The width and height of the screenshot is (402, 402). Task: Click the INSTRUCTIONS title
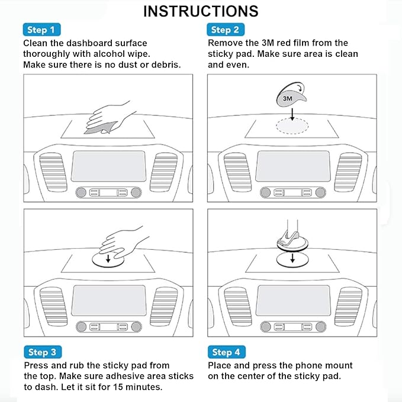(201, 11)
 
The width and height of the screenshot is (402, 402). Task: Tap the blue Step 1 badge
(41, 30)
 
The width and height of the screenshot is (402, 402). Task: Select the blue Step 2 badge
(226, 30)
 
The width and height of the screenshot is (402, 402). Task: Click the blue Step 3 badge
(43, 352)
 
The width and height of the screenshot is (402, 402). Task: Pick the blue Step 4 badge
(227, 352)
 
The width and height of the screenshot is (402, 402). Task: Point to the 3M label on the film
(287, 98)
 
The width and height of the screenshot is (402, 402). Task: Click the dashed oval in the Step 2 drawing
(292, 126)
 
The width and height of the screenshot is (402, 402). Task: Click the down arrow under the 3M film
(292, 114)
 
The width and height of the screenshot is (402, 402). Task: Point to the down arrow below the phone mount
(292, 258)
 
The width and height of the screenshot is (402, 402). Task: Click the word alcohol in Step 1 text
(109, 54)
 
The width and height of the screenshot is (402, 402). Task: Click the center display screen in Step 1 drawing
(109, 166)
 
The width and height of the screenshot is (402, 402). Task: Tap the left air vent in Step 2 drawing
(237, 172)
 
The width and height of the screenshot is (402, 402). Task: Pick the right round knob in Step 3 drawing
(136, 327)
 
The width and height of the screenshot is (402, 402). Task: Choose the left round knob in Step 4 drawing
(265, 327)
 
